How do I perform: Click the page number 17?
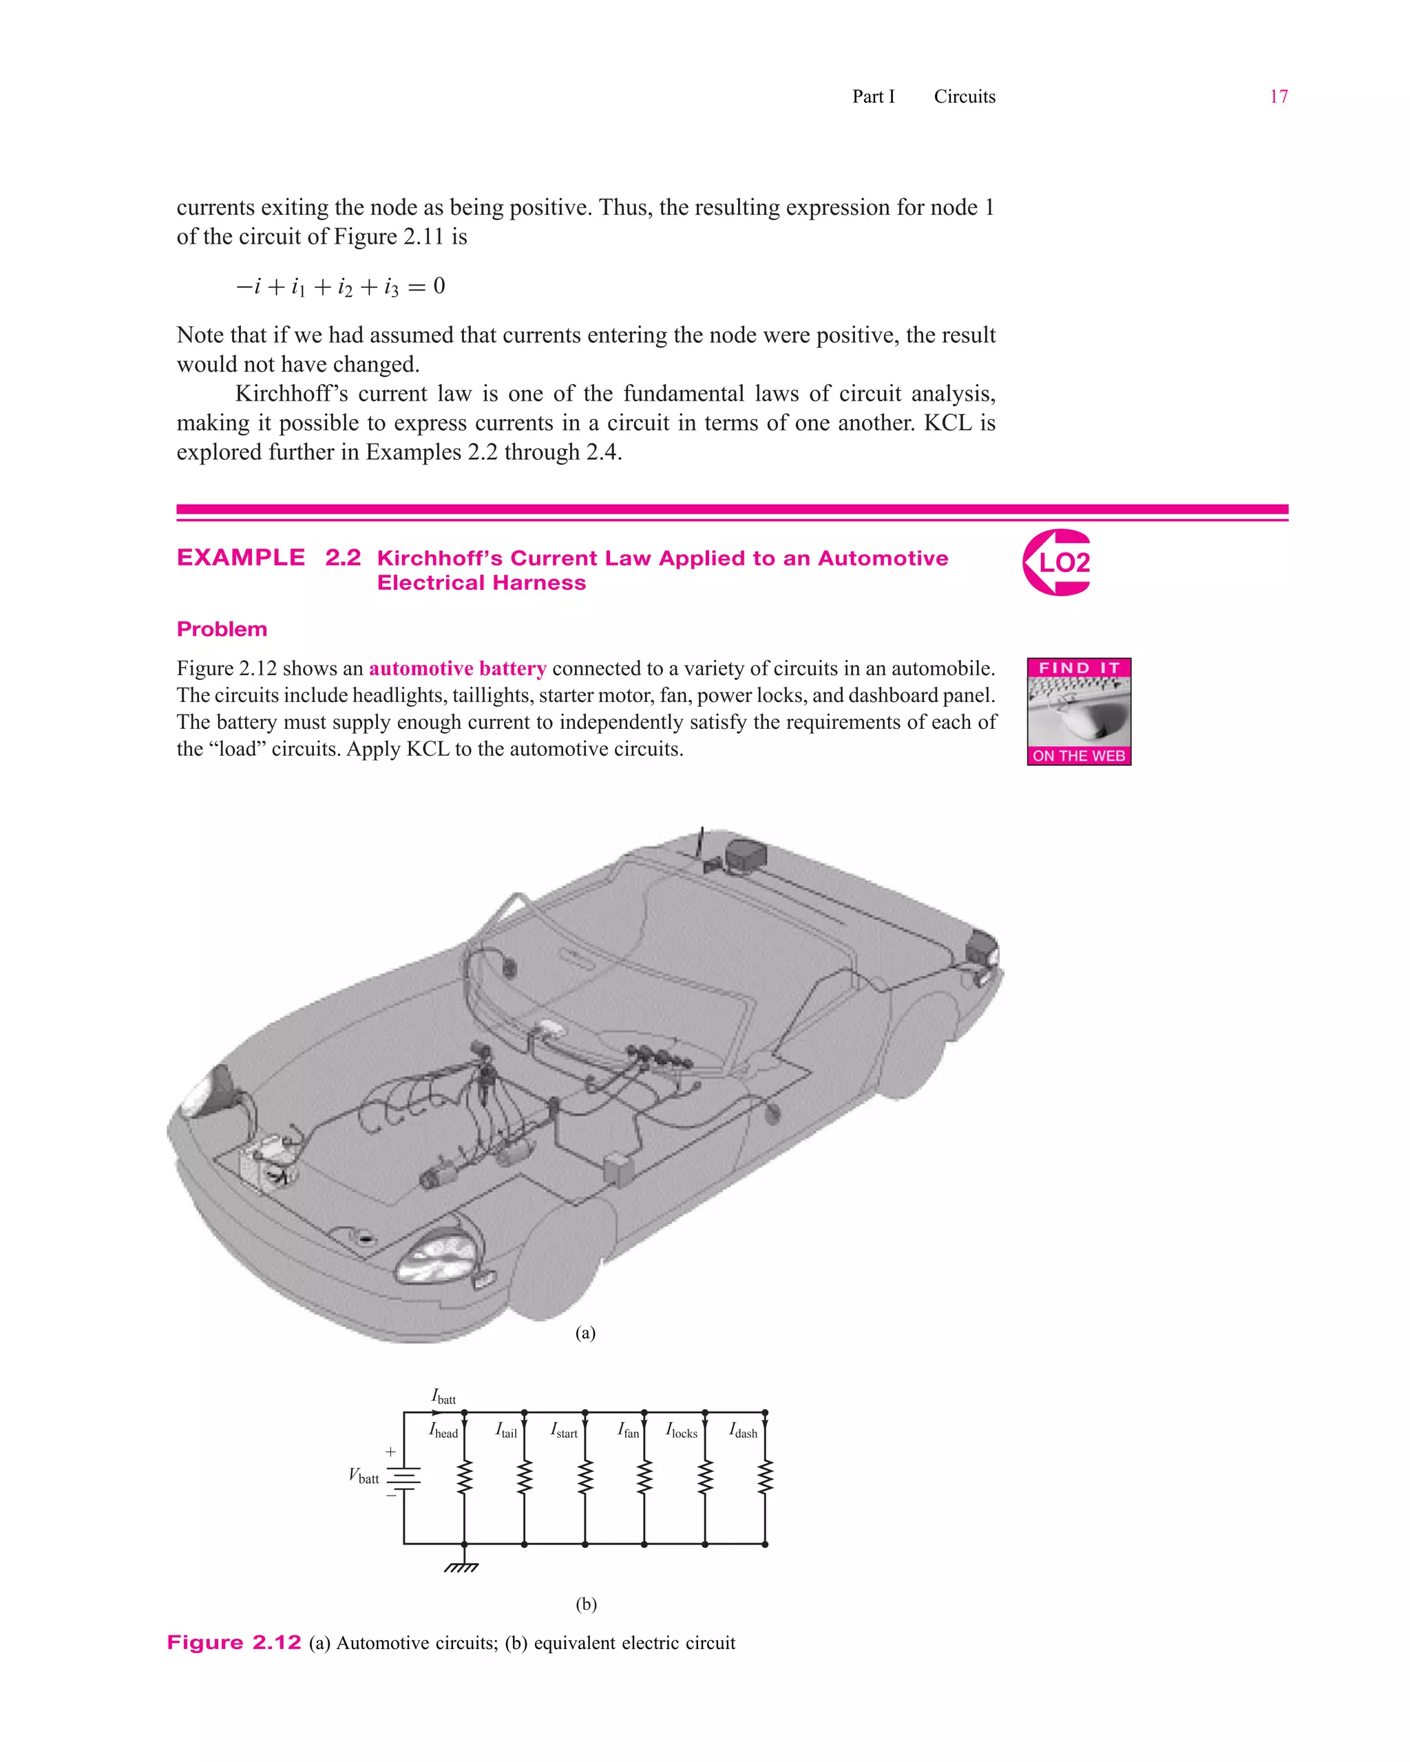tap(1278, 96)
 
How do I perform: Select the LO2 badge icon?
tap(1057, 562)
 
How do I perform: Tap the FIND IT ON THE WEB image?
tap(1078, 711)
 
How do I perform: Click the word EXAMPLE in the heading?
tap(241, 558)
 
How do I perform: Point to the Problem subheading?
tap(222, 629)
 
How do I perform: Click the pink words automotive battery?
tap(457, 668)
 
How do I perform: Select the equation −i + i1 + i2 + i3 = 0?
tap(340, 287)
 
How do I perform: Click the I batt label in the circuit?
tap(443, 1396)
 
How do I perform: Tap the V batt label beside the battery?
tap(364, 1476)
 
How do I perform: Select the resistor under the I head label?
tap(464, 1478)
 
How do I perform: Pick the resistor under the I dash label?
tap(764, 1478)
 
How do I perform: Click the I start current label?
tap(564, 1431)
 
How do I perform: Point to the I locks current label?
tap(682, 1431)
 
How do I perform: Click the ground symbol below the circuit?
tap(461, 1567)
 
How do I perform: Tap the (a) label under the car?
tap(585, 1333)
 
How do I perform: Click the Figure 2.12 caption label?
tap(234, 1643)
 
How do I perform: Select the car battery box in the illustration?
tap(266, 1162)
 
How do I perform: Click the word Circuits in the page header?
tap(965, 96)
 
